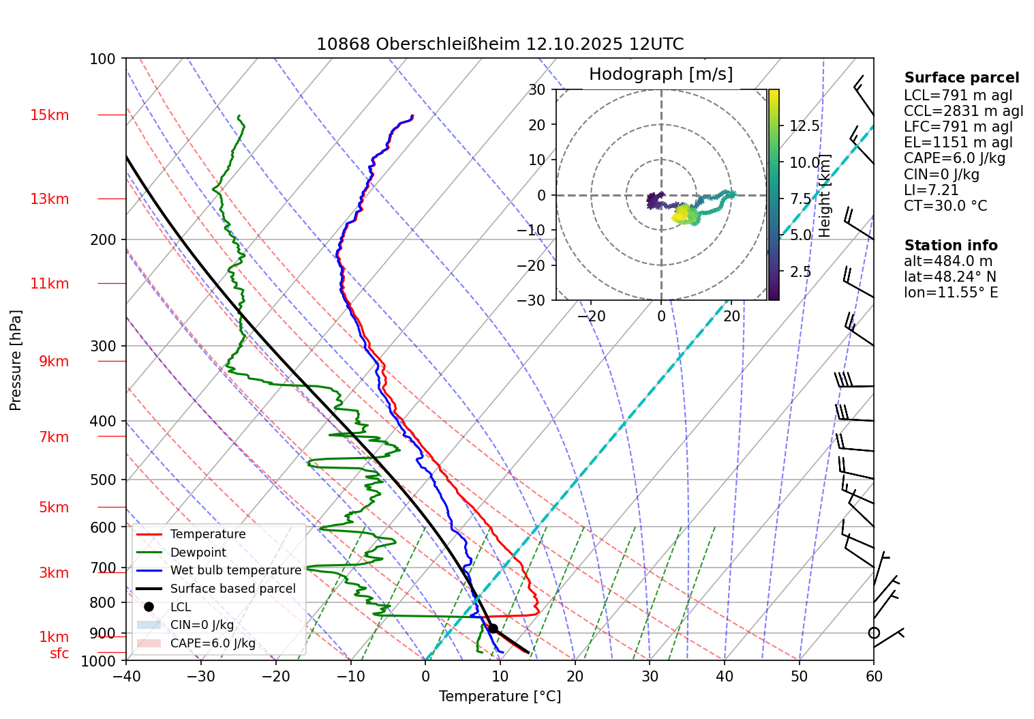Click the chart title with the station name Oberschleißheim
pos(500,44)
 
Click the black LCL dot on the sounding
pos(492,628)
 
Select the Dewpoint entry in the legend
pos(198,553)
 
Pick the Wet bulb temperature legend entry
pos(235,570)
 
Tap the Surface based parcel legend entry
pos(232,589)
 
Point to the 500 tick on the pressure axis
pos(103,480)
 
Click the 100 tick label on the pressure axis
pos(103,59)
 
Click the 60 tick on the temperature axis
pos(873,676)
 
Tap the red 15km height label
pos(50,115)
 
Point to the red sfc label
pos(59,654)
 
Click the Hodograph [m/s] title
pos(660,74)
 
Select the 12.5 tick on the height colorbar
pos(804,126)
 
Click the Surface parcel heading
pos(961,78)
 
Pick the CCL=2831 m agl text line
pos(963,111)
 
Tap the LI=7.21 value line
pos(931,190)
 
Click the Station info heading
pos(950,246)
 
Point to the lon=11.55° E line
pos(951,293)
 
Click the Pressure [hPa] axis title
pos(16,360)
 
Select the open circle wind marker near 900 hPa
pos(874,633)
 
